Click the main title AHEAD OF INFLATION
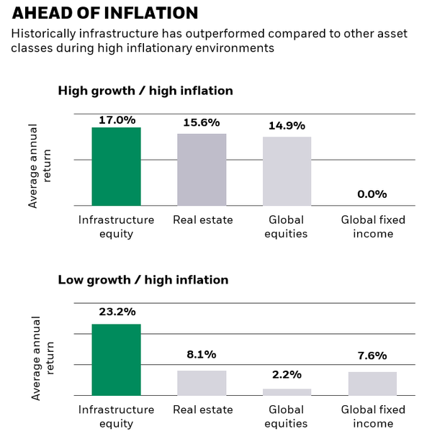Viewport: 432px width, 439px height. (x=100, y=13)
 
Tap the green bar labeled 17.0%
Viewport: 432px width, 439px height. (x=116, y=166)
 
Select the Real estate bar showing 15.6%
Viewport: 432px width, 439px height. (x=202, y=169)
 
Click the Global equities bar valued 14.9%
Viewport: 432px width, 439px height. (x=287, y=171)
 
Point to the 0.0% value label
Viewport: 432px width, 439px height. (x=372, y=194)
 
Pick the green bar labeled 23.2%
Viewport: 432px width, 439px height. (x=116, y=359)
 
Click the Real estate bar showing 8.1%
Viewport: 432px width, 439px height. (x=202, y=383)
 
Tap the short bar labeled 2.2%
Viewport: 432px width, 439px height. (x=287, y=392)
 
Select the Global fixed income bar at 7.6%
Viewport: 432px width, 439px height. (x=372, y=384)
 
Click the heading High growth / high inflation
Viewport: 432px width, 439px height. (x=145, y=91)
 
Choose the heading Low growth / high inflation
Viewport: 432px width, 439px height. (x=143, y=279)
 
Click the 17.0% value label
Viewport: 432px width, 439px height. (x=116, y=119)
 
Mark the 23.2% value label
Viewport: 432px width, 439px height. (x=116, y=312)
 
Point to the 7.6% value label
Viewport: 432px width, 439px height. (x=372, y=356)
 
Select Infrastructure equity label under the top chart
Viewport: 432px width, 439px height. (x=116, y=227)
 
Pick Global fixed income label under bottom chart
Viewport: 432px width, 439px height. (x=372, y=417)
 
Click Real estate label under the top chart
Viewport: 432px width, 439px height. (x=202, y=219)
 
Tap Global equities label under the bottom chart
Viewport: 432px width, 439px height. (x=287, y=417)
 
